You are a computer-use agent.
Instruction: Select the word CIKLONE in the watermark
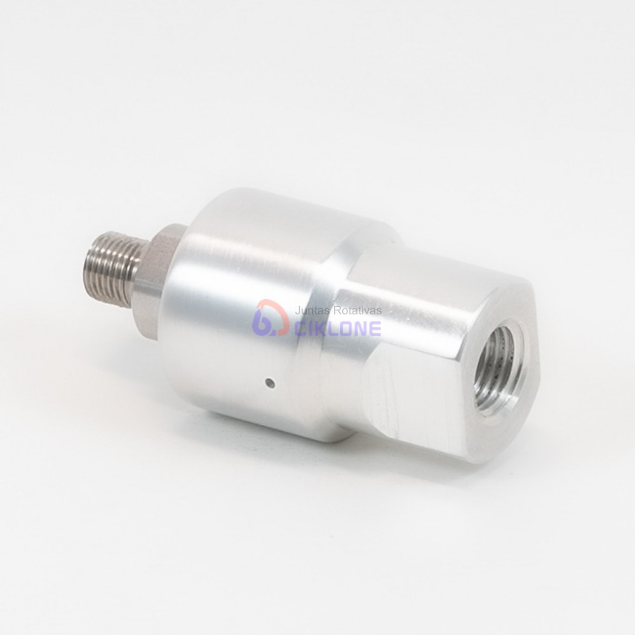[338, 328]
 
